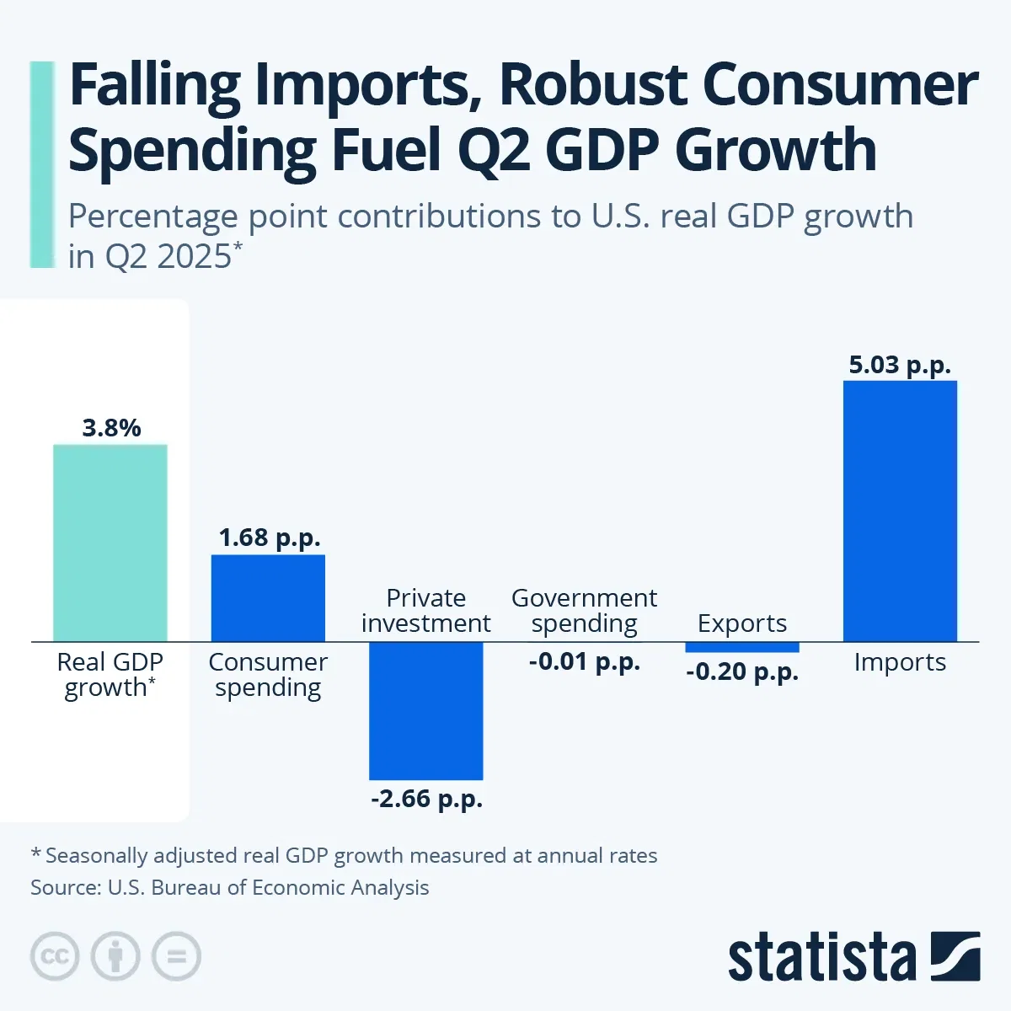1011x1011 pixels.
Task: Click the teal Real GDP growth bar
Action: (x=110, y=543)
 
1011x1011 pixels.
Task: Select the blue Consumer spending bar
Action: (x=268, y=598)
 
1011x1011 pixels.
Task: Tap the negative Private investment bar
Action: (x=426, y=710)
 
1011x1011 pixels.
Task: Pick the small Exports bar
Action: (x=742, y=647)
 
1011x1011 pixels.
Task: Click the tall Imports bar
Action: (x=900, y=511)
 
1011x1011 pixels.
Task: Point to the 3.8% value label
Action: (x=111, y=428)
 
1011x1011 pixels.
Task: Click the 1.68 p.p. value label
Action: (x=270, y=538)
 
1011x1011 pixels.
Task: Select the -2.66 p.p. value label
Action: (x=427, y=798)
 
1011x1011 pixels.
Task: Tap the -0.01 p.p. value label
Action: (x=585, y=661)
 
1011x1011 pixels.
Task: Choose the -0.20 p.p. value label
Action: (x=742, y=672)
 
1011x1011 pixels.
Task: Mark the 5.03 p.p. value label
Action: (x=900, y=365)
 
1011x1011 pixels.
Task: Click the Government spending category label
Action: (x=584, y=611)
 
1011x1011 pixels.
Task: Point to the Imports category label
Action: (x=900, y=662)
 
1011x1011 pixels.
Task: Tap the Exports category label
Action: (x=742, y=623)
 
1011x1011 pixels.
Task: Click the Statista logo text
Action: (x=821, y=957)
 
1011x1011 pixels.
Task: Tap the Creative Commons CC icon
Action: (x=55, y=956)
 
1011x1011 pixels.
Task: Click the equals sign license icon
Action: (x=176, y=956)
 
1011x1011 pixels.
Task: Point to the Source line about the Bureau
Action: (x=230, y=887)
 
